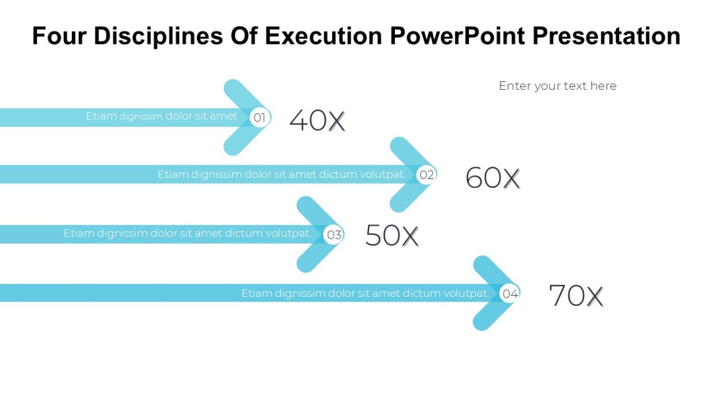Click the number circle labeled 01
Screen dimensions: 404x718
point(260,118)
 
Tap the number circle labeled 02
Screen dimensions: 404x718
point(427,175)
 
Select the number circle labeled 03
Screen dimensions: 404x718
point(334,235)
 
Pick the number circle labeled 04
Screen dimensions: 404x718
point(510,293)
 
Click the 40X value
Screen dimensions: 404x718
point(317,120)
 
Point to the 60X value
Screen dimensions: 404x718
point(492,178)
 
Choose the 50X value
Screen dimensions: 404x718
point(392,235)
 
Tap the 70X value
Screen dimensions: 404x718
point(576,296)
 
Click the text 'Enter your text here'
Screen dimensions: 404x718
point(558,86)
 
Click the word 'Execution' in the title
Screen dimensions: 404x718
point(323,36)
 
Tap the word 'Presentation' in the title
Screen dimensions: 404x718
point(607,36)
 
